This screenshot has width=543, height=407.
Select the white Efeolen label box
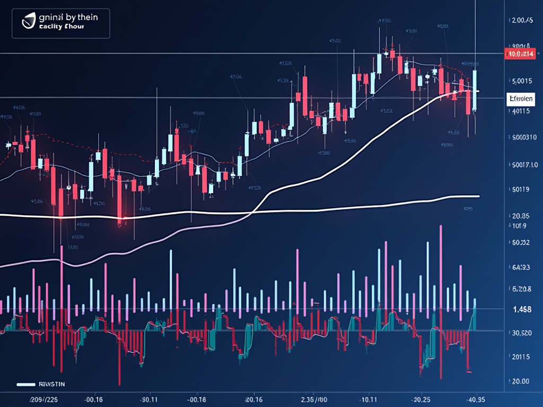click(521, 99)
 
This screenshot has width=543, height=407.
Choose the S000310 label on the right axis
click(522, 137)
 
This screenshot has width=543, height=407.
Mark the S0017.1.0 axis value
click(522, 165)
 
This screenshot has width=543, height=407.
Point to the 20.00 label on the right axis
click(520, 382)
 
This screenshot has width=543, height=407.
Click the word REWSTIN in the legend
click(51, 383)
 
